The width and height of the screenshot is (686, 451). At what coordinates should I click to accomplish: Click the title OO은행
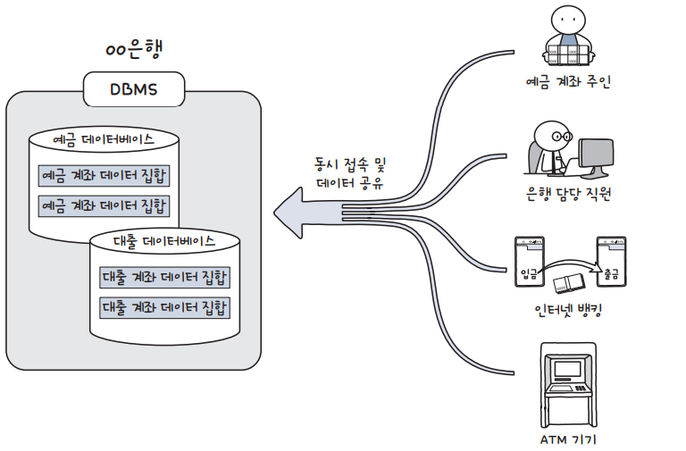click(x=134, y=49)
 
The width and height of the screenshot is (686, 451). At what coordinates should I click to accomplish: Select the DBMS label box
click(x=134, y=90)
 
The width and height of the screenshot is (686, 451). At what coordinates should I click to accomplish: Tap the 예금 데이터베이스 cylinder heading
click(x=104, y=141)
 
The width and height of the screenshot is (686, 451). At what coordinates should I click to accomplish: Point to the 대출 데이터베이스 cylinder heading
click(x=165, y=241)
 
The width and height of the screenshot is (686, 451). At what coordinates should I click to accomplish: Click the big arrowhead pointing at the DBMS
click(x=295, y=213)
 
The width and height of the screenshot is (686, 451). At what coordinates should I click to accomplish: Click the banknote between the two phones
click(x=568, y=284)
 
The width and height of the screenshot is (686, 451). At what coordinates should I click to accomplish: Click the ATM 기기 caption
click(x=568, y=439)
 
